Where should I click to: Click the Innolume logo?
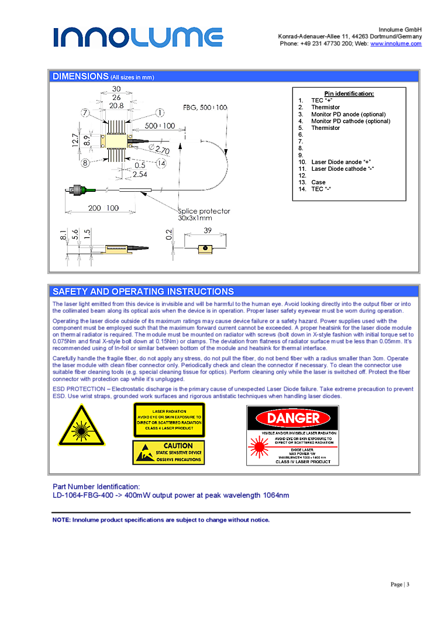[x=138, y=37]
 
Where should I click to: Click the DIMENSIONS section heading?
[x=81, y=77]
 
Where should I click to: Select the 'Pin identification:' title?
[x=349, y=94]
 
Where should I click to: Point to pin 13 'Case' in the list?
[x=318, y=182]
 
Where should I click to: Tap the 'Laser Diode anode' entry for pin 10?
[x=342, y=162]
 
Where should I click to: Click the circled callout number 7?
[x=85, y=112]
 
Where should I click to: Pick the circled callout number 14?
[x=161, y=163]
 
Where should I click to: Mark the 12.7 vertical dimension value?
[x=76, y=140]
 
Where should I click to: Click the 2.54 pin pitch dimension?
[x=140, y=174]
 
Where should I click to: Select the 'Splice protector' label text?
[x=204, y=211]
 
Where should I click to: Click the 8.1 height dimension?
[x=63, y=235]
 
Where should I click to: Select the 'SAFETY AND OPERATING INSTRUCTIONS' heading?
[x=143, y=291]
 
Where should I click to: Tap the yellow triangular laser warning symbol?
[x=81, y=426]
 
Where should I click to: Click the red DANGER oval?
[x=292, y=418]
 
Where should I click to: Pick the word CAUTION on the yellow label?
[x=178, y=446]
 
